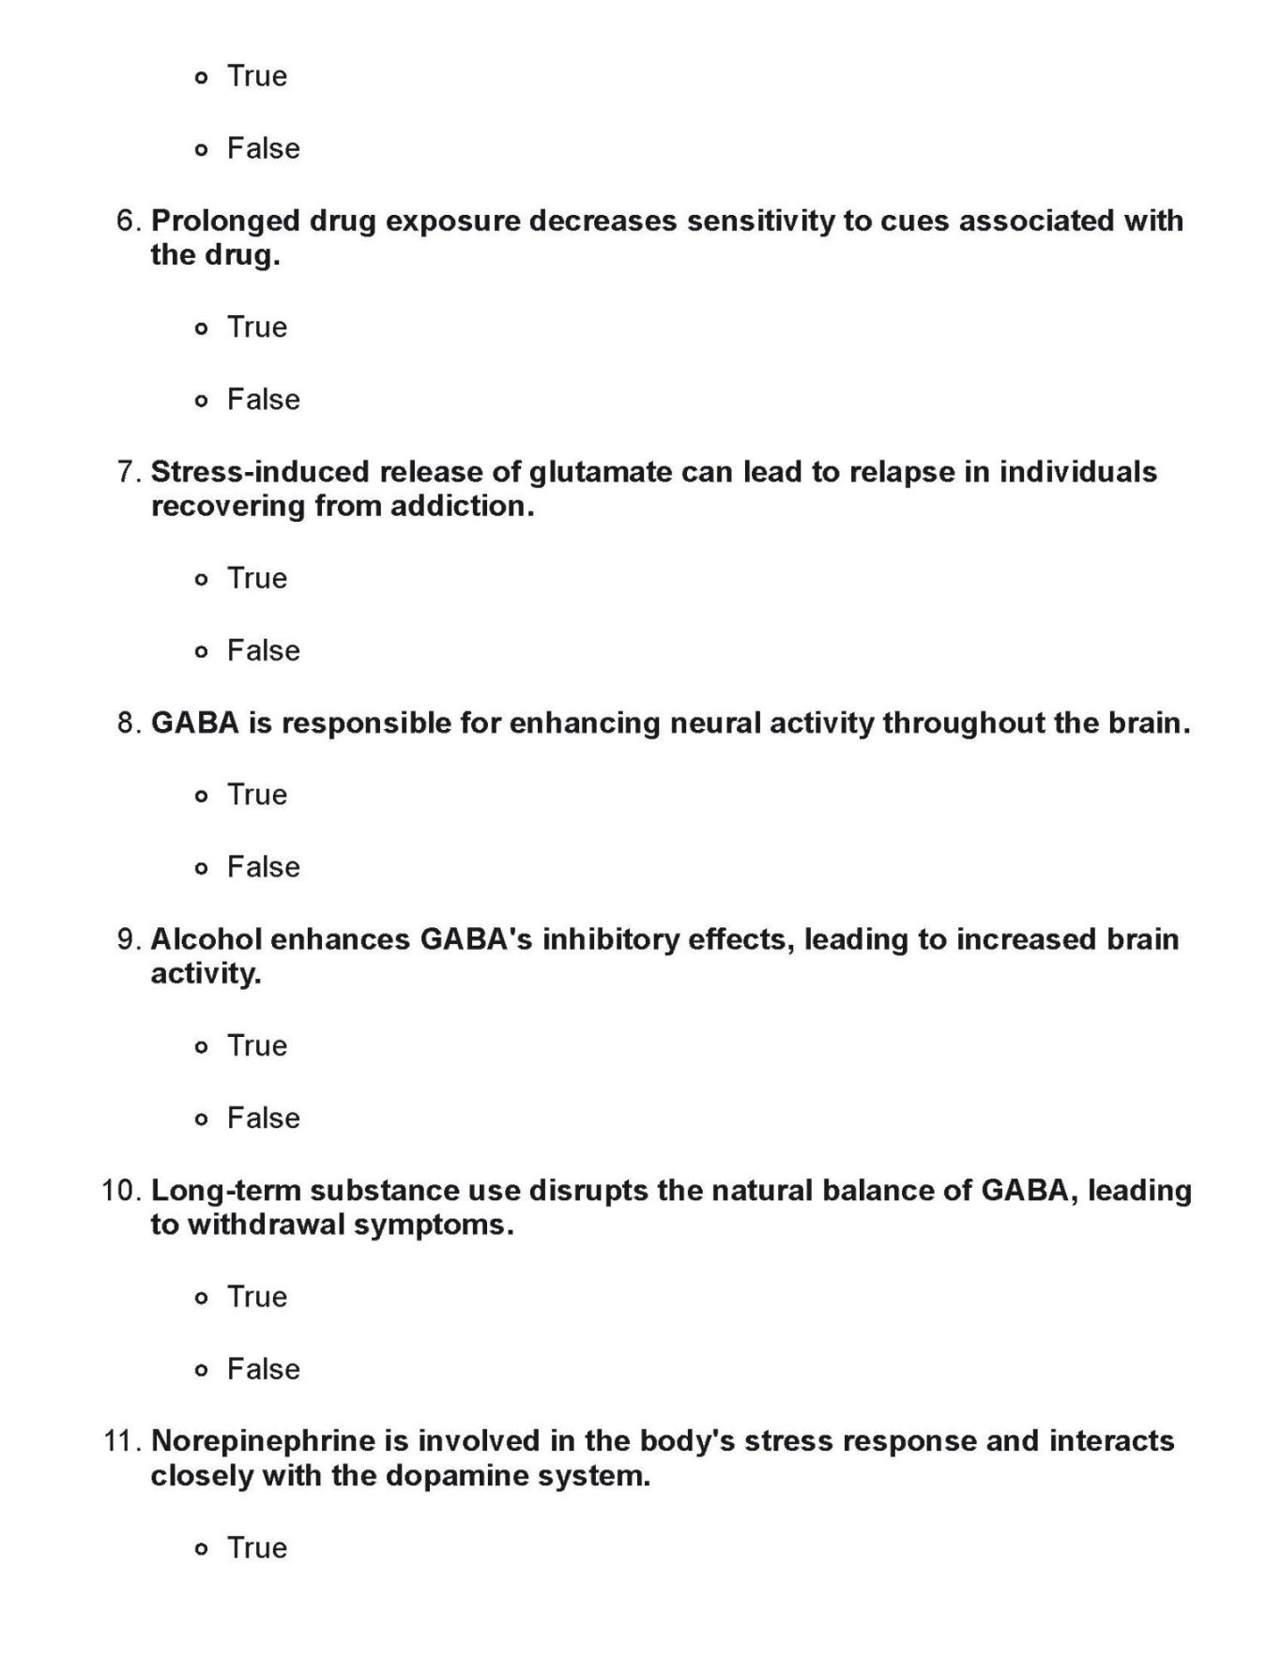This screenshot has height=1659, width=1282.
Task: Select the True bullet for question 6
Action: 201,328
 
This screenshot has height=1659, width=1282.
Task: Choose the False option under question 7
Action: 201,651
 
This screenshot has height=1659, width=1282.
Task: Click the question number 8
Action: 130,723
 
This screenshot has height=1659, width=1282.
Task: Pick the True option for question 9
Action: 201,1047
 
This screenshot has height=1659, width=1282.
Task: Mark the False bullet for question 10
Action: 201,1370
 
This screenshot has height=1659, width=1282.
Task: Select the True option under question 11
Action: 201,1549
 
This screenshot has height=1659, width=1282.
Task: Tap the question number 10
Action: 121,1191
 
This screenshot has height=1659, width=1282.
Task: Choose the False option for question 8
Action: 201,868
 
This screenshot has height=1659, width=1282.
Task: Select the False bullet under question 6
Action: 201,401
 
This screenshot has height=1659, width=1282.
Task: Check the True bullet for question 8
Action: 201,796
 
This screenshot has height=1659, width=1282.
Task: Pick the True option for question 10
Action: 201,1298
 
